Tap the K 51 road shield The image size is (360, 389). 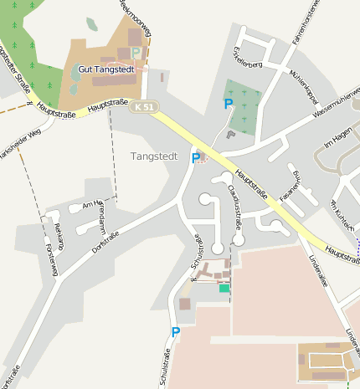point(144,106)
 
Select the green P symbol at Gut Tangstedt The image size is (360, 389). point(136,53)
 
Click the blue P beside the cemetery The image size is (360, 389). point(229,104)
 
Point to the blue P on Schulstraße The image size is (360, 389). point(176,332)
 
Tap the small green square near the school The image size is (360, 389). point(224,288)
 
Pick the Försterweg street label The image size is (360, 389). point(53,260)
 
